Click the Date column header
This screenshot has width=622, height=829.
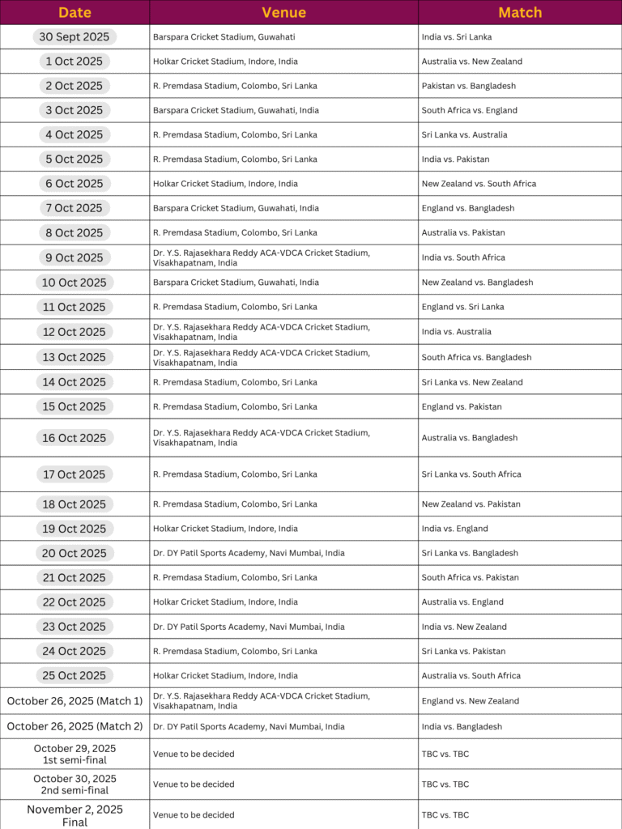pyautogui.click(x=75, y=12)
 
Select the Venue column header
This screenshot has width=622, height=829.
pyautogui.click(x=283, y=12)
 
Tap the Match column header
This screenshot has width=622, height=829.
pyautogui.click(x=520, y=12)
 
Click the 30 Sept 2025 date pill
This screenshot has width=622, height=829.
pyautogui.click(x=75, y=37)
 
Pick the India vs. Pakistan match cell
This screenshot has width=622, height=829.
pyautogui.click(x=455, y=159)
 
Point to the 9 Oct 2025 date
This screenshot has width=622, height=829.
pyautogui.click(x=75, y=257)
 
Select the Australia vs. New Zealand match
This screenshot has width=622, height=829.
pyautogui.click(x=471, y=62)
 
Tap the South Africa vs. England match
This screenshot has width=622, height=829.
pyautogui.click(x=469, y=110)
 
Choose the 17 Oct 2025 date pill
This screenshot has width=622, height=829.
pyautogui.click(x=75, y=474)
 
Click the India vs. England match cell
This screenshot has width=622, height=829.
pyautogui.click(x=454, y=529)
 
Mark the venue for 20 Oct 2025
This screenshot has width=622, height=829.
pyautogui.click(x=249, y=553)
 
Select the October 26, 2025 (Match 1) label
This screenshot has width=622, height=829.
pyautogui.click(x=75, y=701)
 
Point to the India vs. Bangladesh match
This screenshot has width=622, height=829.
pyautogui.click(x=462, y=727)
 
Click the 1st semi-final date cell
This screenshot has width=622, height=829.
pyautogui.click(x=75, y=754)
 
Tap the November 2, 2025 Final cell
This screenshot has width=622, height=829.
pyautogui.click(x=75, y=815)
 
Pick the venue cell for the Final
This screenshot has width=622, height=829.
pyautogui.click(x=194, y=815)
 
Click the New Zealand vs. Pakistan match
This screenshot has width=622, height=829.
pyautogui.click(x=471, y=504)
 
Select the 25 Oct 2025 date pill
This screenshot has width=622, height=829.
pyautogui.click(x=75, y=675)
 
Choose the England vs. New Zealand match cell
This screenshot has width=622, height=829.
pyautogui.click(x=471, y=701)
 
